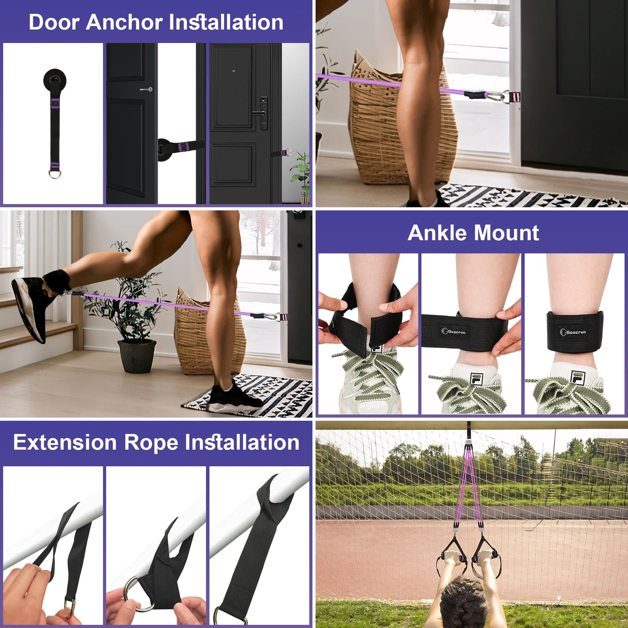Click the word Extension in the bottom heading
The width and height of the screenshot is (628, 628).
coord(65,442)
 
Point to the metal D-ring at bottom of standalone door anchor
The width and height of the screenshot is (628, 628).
coord(55,174)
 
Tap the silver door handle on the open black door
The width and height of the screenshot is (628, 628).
coord(146,90)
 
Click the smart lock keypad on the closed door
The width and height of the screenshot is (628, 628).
coord(263,113)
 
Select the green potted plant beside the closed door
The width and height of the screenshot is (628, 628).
coord(301,174)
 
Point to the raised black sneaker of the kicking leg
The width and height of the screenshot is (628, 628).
coord(30,309)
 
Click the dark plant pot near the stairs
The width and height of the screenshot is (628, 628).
coord(137,356)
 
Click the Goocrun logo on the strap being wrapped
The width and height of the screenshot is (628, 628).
coord(453,332)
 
